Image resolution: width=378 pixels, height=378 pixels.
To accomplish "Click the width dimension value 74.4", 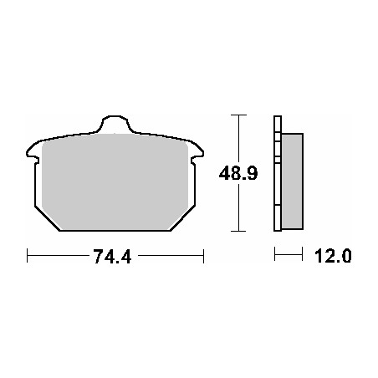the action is point(112,256).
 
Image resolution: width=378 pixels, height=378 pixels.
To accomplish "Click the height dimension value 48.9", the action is point(238,173).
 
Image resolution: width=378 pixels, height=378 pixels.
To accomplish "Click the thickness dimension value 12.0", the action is point(333,256).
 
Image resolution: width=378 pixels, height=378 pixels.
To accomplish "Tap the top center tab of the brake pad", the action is point(115,123).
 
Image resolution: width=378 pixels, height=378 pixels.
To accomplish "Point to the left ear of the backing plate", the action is point(33,152).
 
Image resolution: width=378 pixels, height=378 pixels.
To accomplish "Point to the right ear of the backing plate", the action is point(197,152).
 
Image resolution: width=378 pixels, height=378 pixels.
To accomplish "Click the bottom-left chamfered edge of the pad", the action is point(47,218).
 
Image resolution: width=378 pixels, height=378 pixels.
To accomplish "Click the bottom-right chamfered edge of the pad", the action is point(182,218).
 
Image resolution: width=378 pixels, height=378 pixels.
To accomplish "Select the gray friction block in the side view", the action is point(292,181).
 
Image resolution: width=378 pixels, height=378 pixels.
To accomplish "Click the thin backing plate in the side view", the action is point(278,173).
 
